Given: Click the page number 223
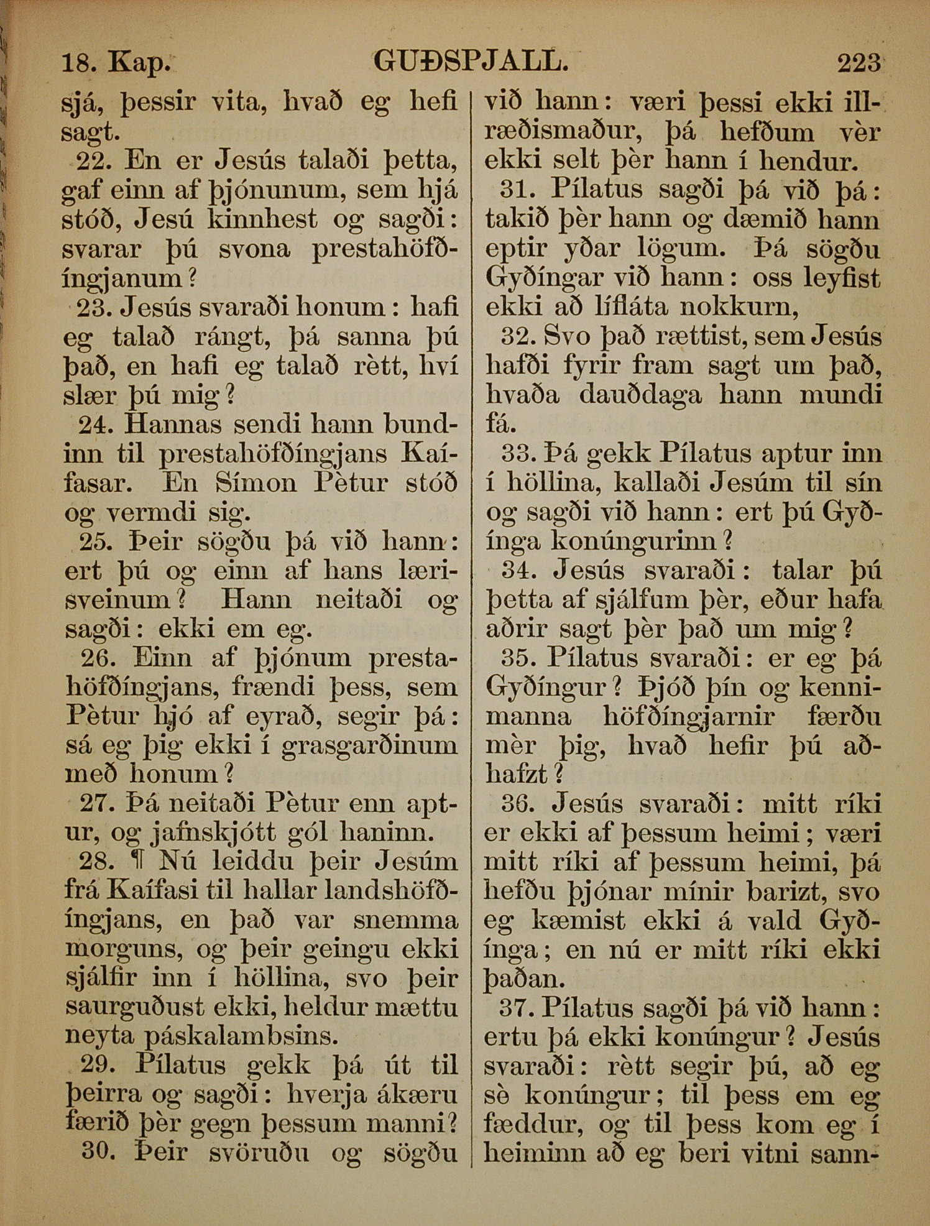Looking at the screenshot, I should [859, 63].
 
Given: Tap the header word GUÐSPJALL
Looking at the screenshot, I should [471, 62].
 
